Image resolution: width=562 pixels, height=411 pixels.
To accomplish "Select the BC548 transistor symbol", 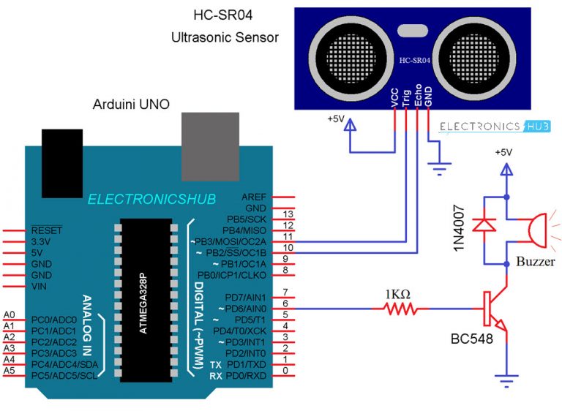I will tap(493, 310).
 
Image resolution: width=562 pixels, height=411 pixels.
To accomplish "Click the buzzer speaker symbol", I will tap(535, 229).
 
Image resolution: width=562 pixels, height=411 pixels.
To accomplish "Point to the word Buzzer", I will tap(536, 262).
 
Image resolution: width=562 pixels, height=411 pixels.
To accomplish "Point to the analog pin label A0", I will tap(9, 314).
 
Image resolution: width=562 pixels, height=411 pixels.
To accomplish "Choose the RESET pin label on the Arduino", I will tap(45, 228).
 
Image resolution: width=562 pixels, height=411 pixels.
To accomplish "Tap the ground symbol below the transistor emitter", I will tap(505, 380).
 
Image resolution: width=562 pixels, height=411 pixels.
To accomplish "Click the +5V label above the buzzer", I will tap(505, 153).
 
